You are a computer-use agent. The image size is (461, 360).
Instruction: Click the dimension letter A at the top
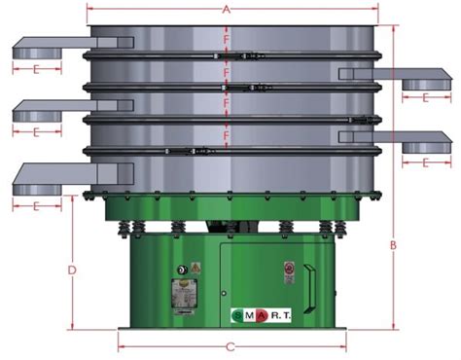[227, 10]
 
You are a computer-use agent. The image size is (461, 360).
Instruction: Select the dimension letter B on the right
[393, 245]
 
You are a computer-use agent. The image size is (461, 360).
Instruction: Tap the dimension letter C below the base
[230, 345]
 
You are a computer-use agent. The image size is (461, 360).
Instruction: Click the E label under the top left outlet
[36, 69]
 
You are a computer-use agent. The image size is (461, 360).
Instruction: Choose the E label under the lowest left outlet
[36, 206]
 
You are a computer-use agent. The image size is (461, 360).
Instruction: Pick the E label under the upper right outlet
[426, 97]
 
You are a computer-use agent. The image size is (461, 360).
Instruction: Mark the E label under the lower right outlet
[426, 162]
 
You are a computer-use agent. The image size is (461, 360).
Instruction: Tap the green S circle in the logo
[237, 315]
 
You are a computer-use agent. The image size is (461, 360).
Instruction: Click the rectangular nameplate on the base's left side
[182, 294]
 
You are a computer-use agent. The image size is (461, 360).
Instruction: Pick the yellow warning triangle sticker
[195, 267]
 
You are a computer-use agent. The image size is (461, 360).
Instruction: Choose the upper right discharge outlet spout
[399, 77]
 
